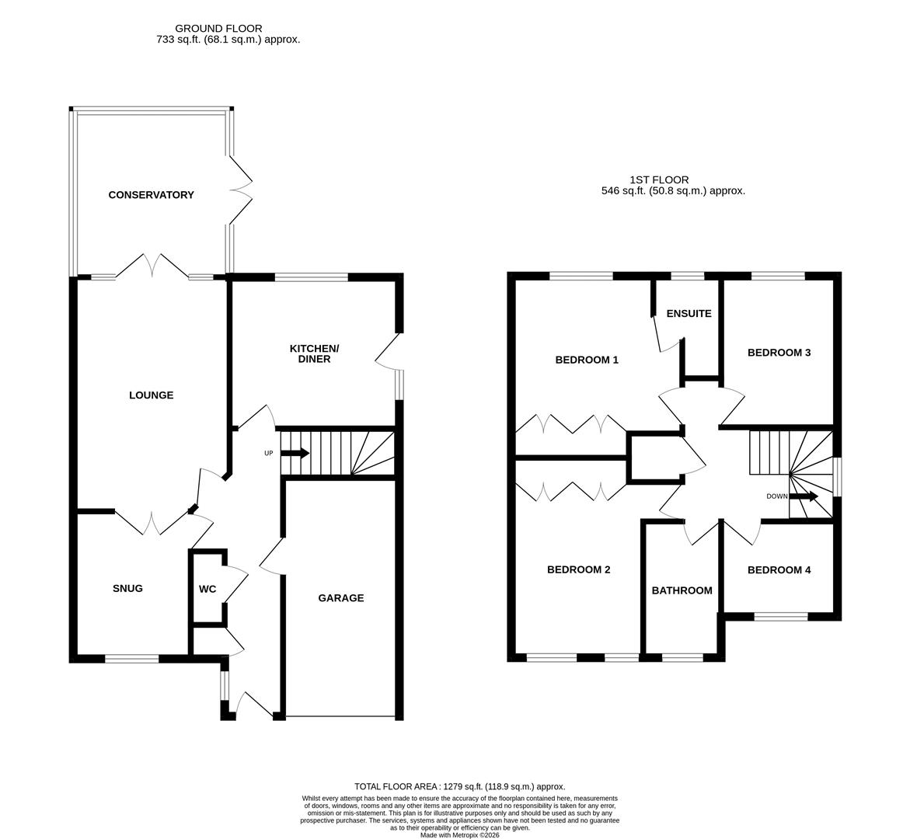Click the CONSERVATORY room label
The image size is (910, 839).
click(151, 195)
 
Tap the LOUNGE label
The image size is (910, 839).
click(151, 395)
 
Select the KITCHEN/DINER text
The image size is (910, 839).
click(315, 353)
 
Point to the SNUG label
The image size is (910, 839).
click(127, 588)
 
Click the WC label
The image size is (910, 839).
click(207, 589)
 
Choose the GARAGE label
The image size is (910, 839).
click(340, 598)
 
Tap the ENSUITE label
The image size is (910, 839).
click(689, 314)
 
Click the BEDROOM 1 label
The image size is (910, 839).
click(586, 360)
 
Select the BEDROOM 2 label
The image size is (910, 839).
click(578, 569)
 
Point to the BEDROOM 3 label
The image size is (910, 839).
click(779, 353)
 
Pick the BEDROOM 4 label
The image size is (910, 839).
click(779, 570)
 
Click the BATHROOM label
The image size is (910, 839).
click(682, 590)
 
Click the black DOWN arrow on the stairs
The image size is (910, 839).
click(804, 496)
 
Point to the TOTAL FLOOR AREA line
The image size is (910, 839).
click(459, 786)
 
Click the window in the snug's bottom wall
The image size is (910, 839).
click(131, 659)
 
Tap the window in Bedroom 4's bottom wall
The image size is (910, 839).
click(780, 617)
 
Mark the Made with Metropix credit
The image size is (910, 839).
click(459, 835)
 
